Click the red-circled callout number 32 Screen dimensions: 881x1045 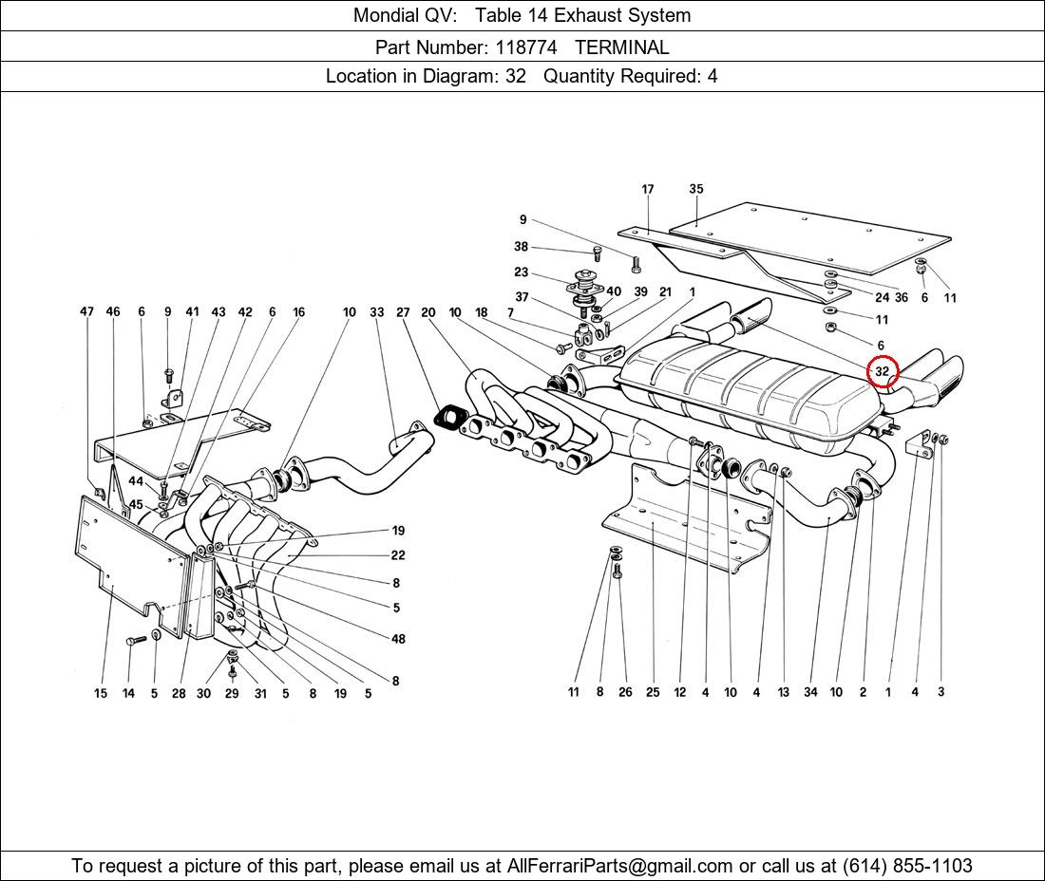point(883,371)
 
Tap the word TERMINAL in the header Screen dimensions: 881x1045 point(621,47)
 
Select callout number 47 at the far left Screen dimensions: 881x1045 point(87,311)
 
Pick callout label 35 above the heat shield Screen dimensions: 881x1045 point(696,189)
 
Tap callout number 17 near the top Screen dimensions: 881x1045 point(648,189)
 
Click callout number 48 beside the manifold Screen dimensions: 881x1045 point(398,639)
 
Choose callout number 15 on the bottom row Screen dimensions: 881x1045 point(100,693)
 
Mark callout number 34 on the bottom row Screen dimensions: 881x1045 point(810,692)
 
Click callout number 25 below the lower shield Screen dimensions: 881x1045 point(653,692)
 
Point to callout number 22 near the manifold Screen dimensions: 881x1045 point(398,555)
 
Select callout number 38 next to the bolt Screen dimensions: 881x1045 point(522,247)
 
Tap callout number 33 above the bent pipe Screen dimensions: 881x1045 point(377,311)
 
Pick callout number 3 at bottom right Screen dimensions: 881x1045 point(941,692)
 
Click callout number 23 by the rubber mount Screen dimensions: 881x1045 point(522,272)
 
